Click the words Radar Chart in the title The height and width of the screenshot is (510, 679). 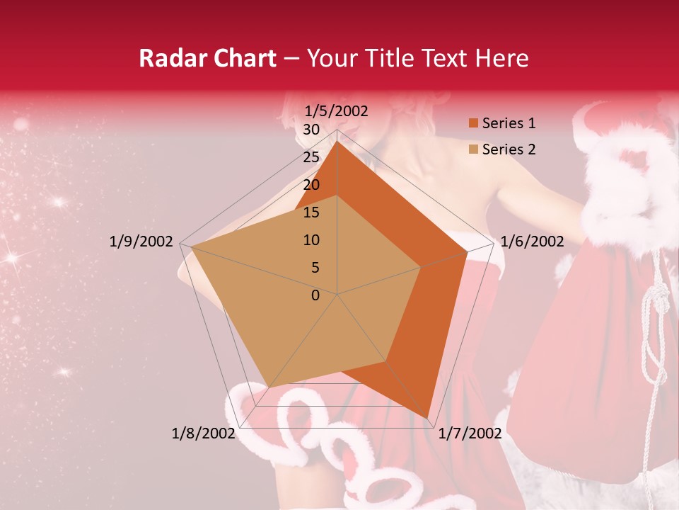[207, 59]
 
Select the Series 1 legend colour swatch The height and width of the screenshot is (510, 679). [472, 124]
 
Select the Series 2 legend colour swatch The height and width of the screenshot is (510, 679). [472, 149]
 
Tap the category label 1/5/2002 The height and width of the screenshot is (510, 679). [336, 111]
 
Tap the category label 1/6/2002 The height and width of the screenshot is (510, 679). [532, 242]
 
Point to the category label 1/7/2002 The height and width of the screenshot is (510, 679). [470, 433]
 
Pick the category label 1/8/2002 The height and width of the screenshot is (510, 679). [203, 433]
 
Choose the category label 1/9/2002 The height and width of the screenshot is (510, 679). [141, 242]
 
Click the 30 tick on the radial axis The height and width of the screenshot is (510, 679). [311, 130]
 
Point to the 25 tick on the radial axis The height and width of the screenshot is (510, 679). [311, 157]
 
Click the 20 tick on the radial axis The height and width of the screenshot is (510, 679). [311, 185]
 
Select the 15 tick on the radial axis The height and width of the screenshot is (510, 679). [311, 212]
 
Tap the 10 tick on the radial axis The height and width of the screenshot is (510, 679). [311, 240]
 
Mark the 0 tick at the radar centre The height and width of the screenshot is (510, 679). [315, 295]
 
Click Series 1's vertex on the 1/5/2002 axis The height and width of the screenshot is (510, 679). [337, 142]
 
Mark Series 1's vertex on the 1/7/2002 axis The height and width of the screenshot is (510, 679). [427, 418]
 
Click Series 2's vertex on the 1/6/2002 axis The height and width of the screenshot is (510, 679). [422, 267]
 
